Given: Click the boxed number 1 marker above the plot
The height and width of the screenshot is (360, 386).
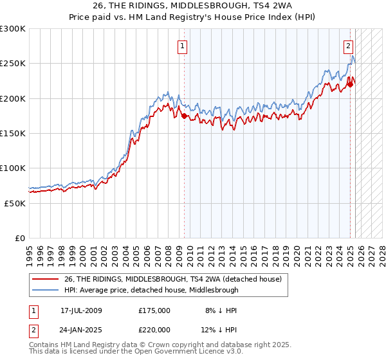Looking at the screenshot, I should pos(183,46).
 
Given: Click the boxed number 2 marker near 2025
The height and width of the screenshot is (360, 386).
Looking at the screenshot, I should pos(348,46).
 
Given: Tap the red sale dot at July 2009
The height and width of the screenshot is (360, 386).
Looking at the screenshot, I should pos(185,116).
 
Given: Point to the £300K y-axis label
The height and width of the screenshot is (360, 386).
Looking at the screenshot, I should pos(12,29).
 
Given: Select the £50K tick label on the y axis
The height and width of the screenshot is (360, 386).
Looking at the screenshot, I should pos(15,203).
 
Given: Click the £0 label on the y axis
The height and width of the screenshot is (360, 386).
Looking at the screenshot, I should pos(20,238).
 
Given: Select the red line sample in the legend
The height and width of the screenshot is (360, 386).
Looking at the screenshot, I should pos(46,280).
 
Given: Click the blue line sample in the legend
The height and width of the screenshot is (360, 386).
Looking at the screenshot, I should pos(46,290).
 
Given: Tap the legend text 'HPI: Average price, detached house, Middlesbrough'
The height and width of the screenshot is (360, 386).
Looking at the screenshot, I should pos(151,290).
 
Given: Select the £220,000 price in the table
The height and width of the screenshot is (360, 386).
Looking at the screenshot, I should pos(154,330).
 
